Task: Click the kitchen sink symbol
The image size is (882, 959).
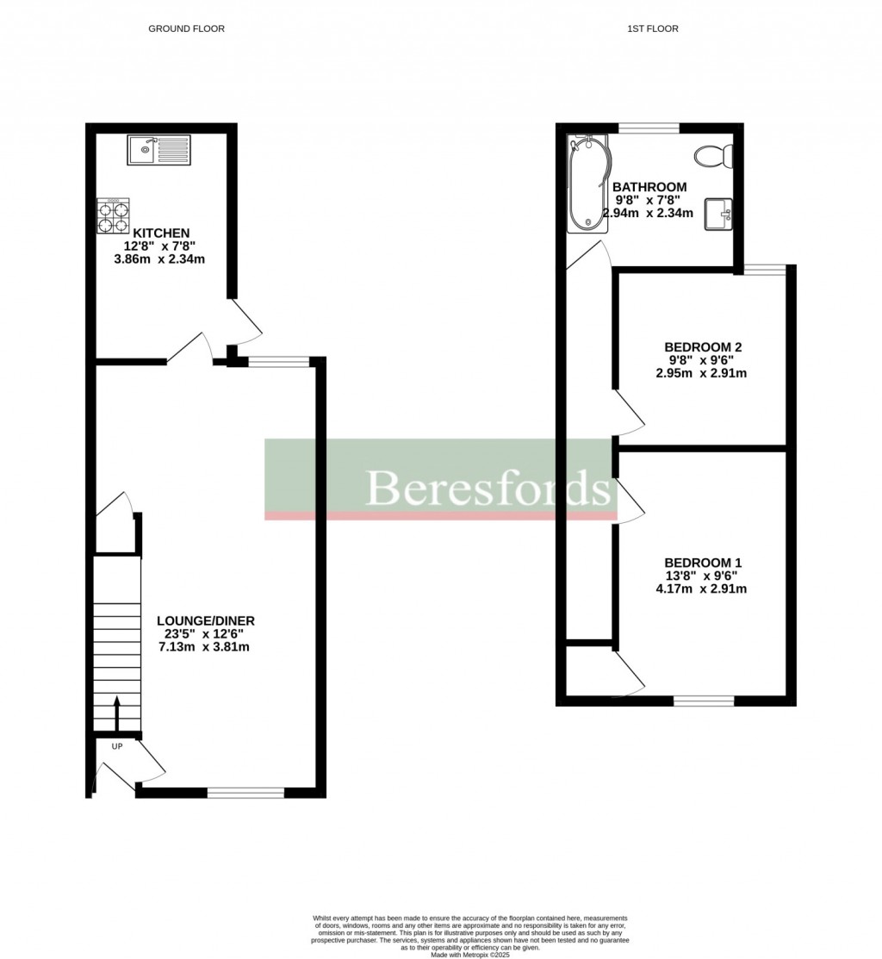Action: click(x=159, y=150)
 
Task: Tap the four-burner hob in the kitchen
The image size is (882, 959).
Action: click(x=113, y=215)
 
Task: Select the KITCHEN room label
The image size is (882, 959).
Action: click(x=161, y=233)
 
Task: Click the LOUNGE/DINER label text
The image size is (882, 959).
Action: click(x=205, y=620)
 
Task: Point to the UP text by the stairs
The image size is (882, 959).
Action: click(x=117, y=746)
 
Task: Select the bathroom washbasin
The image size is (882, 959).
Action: click(x=719, y=214)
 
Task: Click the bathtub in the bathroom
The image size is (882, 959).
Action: click(x=588, y=184)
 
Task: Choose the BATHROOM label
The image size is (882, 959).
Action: click(x=649, y=187)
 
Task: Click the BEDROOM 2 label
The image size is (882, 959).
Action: click(x=703, y=346)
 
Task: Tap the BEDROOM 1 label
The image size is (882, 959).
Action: click(x=703, y=563)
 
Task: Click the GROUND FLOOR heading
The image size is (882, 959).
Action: click(x=186, y=28)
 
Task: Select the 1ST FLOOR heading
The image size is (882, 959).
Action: click(x=653, y=28)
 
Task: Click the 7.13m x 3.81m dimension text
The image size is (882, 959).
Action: click(x=204, y=647)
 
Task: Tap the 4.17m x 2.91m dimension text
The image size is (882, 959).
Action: click(x=701, y=589)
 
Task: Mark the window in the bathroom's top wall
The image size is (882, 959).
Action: click(x=649, y=128)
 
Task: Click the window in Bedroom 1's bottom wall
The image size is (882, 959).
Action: click(x=704, y=701)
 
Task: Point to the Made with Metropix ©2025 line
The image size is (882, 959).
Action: click(x=470, y=955)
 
